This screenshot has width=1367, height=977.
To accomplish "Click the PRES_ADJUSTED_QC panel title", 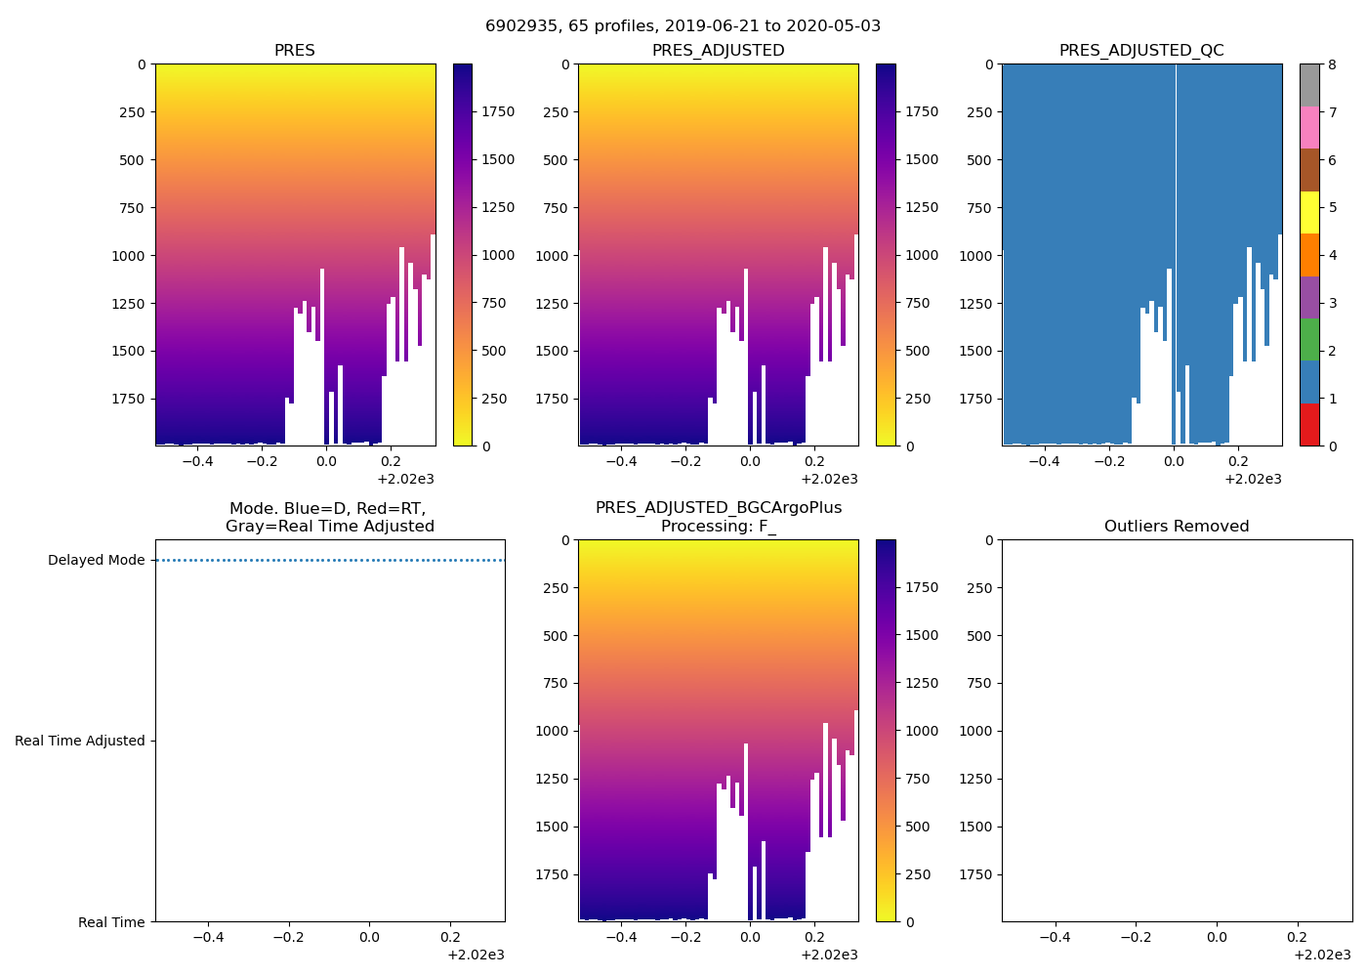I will (1141, 51).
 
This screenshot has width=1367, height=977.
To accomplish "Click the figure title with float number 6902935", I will (683, 26).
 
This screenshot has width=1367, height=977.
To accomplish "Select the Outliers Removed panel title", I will (1177, 527).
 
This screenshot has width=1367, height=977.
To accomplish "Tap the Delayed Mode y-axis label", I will (96, 561).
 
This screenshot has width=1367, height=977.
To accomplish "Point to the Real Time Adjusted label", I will (80, 742).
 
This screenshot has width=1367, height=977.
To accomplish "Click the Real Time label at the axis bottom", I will (111, 922).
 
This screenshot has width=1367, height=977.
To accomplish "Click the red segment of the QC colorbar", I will (1309, 425).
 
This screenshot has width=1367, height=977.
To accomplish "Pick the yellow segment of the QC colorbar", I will (1309, 213).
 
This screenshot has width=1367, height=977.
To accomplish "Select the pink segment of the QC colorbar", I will (1309, 128).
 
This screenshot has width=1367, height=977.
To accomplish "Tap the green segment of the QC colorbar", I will (1309, 340).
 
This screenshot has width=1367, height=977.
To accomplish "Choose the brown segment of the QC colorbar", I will (1309, 170).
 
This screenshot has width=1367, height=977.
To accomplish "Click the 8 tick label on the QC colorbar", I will (1331, 64).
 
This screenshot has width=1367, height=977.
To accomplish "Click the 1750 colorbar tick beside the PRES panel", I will (497, 112).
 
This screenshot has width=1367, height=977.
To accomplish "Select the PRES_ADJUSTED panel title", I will (718, 51).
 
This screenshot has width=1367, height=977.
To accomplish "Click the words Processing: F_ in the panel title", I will (718, 527).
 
